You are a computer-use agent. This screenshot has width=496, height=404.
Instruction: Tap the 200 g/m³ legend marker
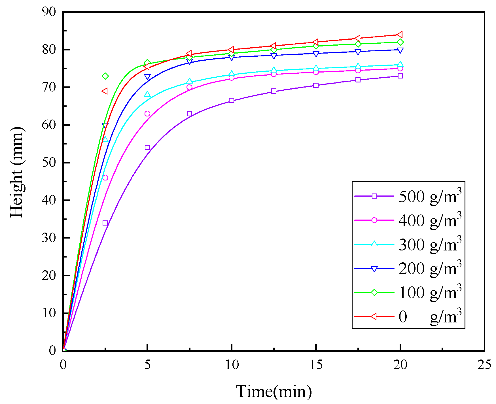click(374, 269)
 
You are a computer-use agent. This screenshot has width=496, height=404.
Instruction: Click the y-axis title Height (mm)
click(16, 172)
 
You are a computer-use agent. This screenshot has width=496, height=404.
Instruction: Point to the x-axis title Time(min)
click(274, 392)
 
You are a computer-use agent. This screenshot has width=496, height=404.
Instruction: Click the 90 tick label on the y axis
click(49, 12)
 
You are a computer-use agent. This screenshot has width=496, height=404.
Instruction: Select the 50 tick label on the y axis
click(49, 163)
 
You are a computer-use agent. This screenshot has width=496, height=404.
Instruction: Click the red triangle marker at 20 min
click(400, 35)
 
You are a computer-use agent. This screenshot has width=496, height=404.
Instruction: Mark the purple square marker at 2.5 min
click(105, 223)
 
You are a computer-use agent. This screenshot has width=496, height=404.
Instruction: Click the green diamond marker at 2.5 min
click(105, 76)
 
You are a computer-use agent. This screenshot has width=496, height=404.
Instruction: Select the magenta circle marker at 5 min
click(147, 114)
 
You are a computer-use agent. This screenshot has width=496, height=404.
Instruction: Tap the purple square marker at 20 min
click(400, 76)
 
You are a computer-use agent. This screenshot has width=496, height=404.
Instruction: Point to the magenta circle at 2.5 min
click(105, 178)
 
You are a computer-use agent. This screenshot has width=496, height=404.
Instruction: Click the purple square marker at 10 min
click(232, 100)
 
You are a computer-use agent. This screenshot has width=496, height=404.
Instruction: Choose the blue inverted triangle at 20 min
click(400, 50)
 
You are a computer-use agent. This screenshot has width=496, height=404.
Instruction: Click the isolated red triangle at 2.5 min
click(105, 91)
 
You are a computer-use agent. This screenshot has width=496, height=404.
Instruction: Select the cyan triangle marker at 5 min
click(147, 94)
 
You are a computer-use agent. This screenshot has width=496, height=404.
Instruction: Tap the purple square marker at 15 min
click(316, 85)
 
